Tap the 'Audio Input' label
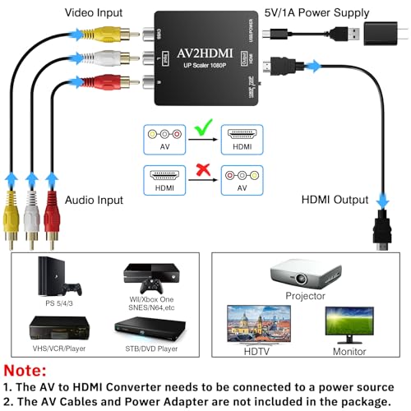pyautogui.click(x=95, y=200)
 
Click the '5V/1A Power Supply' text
pyautogui.click(x=316, y=12)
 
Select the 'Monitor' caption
pyautogui.click(x=349, y=352)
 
